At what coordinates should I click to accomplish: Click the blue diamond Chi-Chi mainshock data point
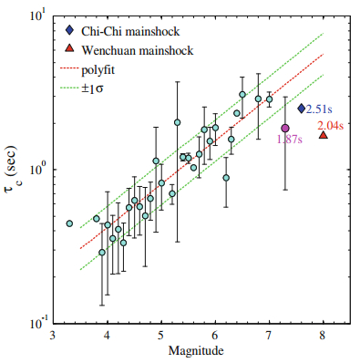(302, 109)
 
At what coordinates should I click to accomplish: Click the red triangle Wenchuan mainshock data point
(324, 135)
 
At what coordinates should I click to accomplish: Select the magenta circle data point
(285, 129)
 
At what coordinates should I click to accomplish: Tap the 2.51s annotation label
(321, 109)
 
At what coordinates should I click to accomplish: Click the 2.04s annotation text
(331, 125)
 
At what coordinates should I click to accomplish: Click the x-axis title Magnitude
(188, 352)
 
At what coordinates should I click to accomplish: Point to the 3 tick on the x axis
(54, 336)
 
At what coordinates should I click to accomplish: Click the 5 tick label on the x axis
(161, 336)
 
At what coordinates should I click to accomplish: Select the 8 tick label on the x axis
(323, 336)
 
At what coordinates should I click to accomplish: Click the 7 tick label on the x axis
(269, 336)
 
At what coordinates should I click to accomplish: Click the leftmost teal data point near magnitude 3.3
(69, 223)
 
